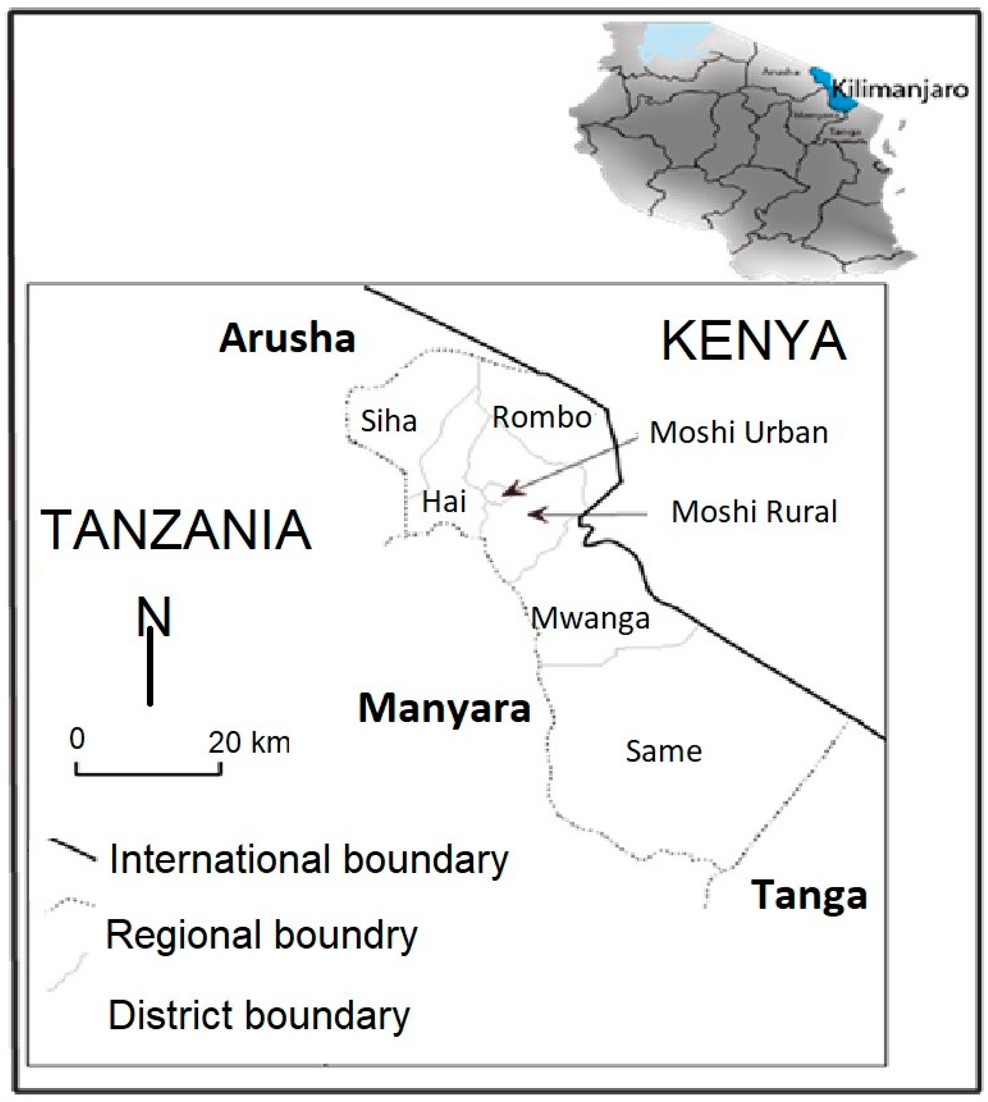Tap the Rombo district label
[x=541, y=417]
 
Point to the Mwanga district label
[x=590, y=618]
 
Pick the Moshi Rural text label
[x=754, y=511]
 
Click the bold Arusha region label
[x=287, y=338]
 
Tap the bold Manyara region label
[x=444, y=708]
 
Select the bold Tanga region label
[x=809, y=895]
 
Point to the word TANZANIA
[x=176, y=530]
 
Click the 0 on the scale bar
[x=77, y=738]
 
